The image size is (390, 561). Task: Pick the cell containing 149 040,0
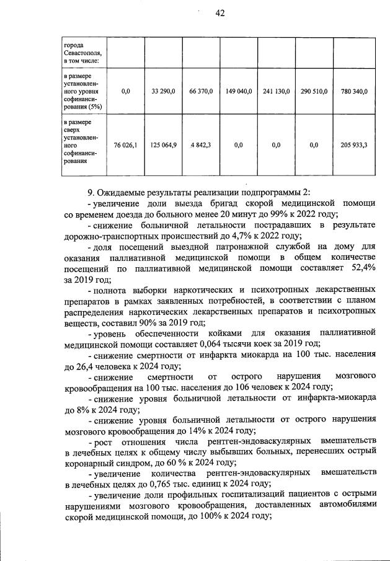coord(239,91)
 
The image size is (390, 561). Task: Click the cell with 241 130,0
coord(277,91)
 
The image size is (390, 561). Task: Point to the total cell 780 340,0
coord(354,91)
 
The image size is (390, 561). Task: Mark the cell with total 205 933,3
coord(354,145)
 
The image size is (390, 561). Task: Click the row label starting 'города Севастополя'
coord(84,53)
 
